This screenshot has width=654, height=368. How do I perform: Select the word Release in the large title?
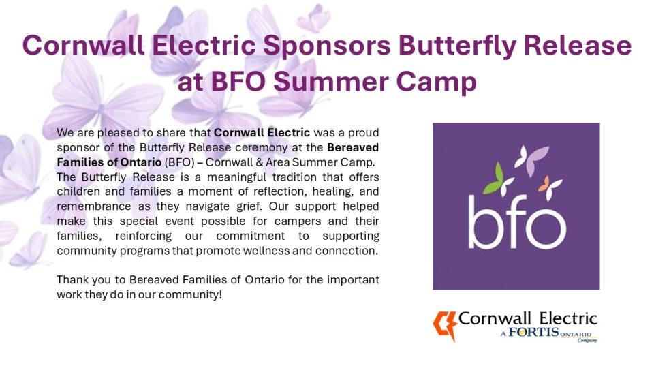click(x=578, y=45)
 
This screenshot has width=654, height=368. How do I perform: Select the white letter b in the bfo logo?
click(x=484, y=221)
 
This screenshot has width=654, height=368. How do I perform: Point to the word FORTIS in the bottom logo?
click(x=533, y=332)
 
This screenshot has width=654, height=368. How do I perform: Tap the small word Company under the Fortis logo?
click(x=587, y=341)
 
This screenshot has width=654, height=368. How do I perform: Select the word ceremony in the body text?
click(x=264, y=148)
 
